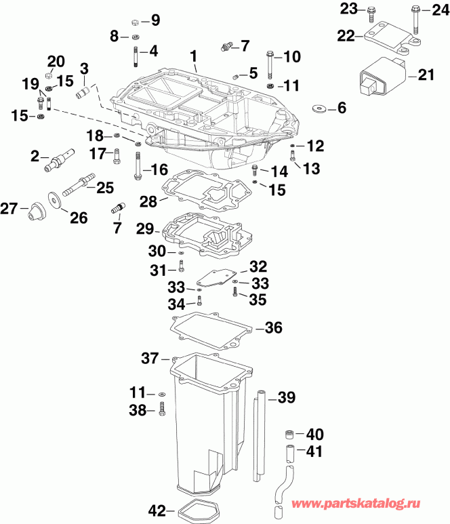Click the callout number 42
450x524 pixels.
tap(157, 510)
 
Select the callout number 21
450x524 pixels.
tap(426, 75)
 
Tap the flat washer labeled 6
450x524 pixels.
tap(319, 108)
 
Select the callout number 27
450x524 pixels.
tap(9, 209)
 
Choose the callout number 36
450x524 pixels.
tap(272, 328)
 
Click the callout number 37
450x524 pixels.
tap(150, 357)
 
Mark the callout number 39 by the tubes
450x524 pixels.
tap(287, 398)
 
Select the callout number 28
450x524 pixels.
tap(148, 201)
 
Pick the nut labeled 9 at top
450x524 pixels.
tap(135, 21)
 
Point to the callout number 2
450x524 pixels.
tap(35, 157)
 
